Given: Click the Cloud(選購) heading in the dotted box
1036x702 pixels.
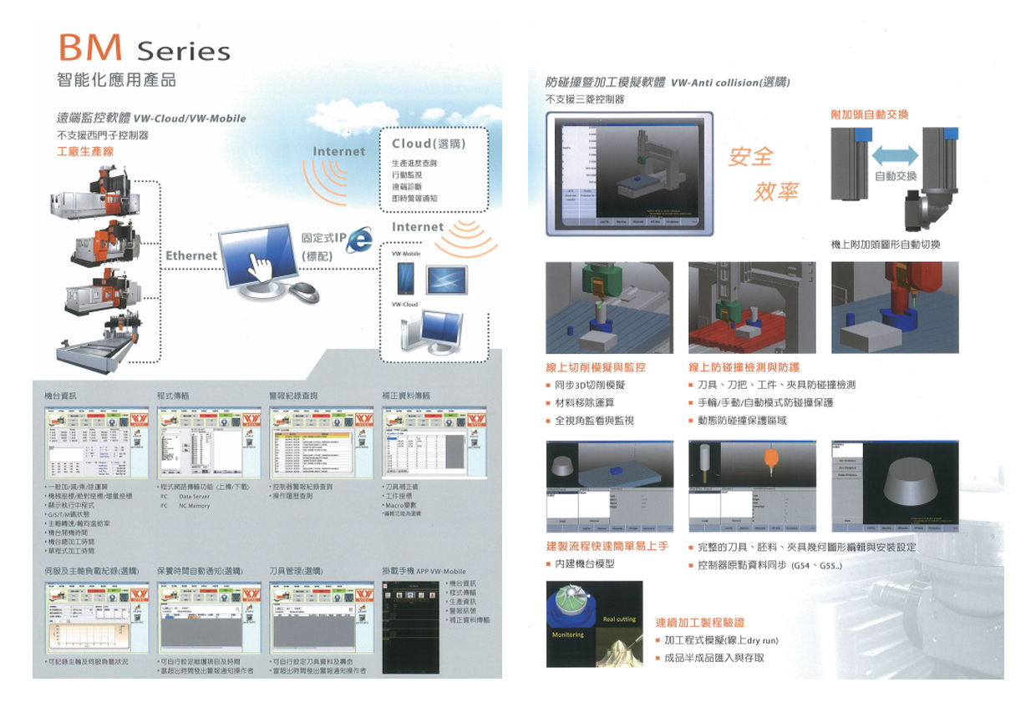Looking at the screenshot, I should pyautogui.click(x=427, y=144).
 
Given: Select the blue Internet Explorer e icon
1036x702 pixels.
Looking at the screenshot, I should pyautogui.click(x=360, y=240).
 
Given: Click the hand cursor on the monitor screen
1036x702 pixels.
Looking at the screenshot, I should pyautogui.click(x=262, y=268).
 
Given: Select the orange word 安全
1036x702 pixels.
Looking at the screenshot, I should pyautogui.click(x=751, y=156).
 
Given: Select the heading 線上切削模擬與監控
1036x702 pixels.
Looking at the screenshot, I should pyautogui.click(x=595, y=367).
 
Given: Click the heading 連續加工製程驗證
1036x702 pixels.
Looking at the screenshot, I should pyautogui.click(x=700, y=622).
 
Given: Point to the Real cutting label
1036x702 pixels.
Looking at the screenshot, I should pyautogui.click(x=619, y=619).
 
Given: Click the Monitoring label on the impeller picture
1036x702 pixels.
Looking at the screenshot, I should pyautogui.click(x=567, y=635).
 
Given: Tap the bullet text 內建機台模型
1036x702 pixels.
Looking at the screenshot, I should pyautogui.click(x=585, y=564).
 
